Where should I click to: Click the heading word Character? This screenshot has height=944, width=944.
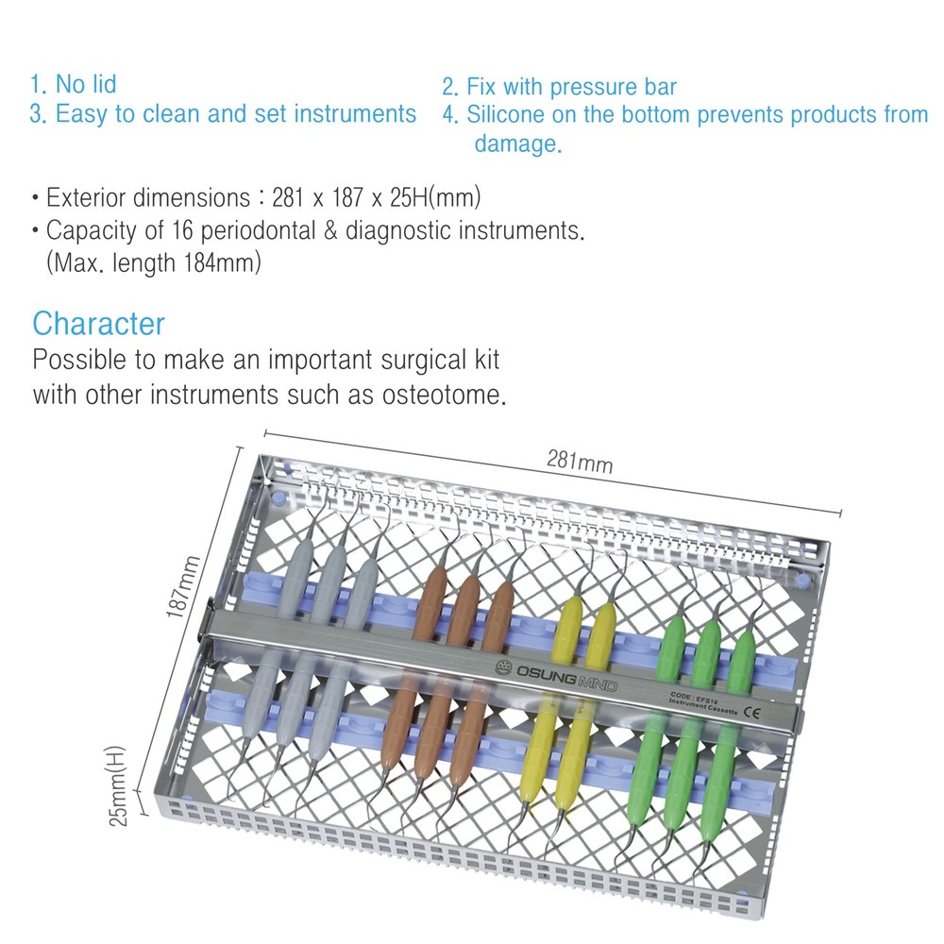tap(98, 324)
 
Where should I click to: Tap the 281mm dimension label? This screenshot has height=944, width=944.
tap(579, 462)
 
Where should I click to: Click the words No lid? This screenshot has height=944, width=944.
tap(86, 84)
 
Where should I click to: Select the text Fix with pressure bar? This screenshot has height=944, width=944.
tap(571, 88)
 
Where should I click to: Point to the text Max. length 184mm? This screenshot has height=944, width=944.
tap(153, 263)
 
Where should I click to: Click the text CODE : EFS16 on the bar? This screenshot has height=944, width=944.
tap(688, 693)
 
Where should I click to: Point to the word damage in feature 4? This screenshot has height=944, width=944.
tap(515, 144)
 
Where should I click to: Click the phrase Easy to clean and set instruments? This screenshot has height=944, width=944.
tap(235, 114)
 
